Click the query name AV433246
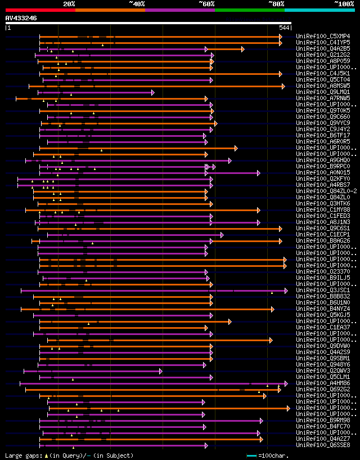click(21, 18)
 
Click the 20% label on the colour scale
click(69, 3)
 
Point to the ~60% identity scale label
click(206, 3)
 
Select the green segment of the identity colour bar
click(249, 10)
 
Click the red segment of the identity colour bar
click(40, 10)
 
